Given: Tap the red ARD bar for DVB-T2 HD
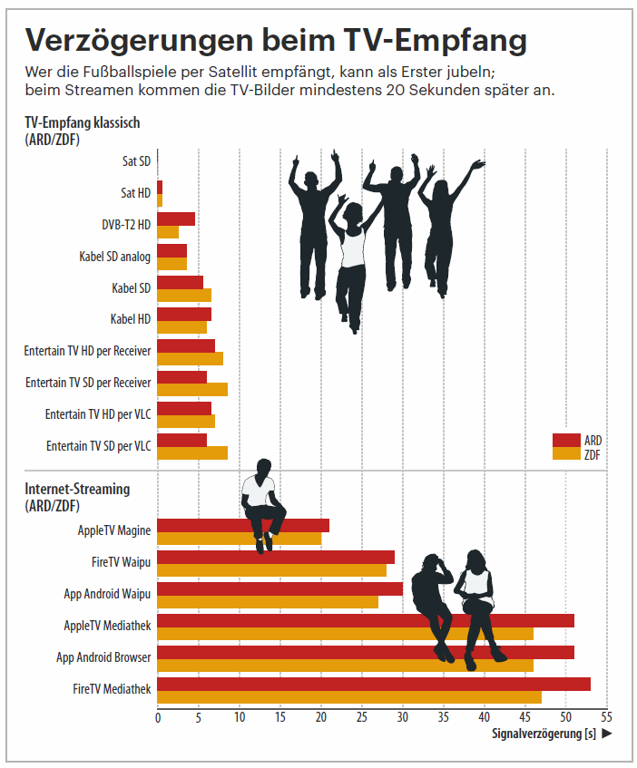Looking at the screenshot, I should coord(176,219).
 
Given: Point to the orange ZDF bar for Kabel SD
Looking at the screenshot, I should coord(184,295).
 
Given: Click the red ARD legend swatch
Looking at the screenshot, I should coord(565,441).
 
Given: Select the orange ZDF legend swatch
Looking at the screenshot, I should coord(565,453).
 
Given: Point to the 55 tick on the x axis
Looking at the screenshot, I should coord(606,716).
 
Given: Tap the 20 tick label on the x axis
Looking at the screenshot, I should coord(320,716).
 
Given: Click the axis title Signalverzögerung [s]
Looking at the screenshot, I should coord(544,734).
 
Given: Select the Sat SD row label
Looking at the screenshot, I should coord(136,161).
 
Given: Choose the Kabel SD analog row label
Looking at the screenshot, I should coord(114,257).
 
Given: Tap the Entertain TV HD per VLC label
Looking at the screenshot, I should coord(98,414).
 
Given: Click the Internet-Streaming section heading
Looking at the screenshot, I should coord(77,489).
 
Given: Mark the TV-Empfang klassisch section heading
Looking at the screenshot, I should coord(83,122).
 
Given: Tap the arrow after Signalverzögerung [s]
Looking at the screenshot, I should coord(607,734).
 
